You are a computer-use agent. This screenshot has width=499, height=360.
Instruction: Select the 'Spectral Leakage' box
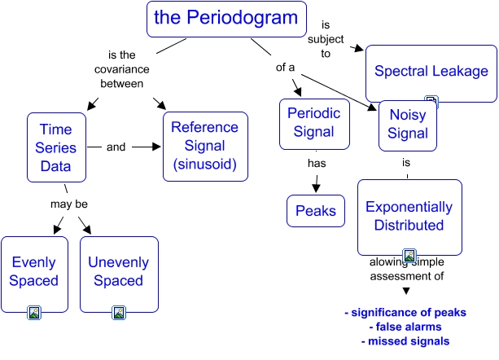431,71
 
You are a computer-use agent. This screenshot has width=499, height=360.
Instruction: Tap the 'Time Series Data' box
56,147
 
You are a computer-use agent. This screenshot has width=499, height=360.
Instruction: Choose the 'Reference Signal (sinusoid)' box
204,147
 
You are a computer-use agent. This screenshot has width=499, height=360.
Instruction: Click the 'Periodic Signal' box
313,124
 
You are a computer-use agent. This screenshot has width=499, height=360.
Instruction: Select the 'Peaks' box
315,211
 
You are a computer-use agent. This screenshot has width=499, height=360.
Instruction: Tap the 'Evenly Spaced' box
34,271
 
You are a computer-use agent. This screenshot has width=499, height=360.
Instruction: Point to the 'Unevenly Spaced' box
118,271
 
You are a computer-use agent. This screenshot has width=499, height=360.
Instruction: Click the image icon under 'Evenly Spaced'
34,311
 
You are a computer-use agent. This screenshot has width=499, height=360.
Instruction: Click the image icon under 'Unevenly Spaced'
118,311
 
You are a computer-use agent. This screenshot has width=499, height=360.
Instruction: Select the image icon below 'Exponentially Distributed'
409,256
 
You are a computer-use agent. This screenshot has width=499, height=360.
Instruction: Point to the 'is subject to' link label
326,39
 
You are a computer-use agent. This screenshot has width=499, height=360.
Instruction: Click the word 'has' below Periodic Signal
317,163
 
